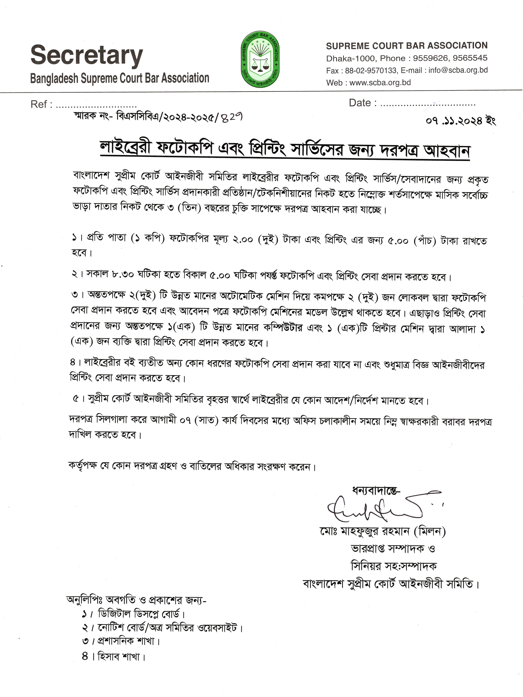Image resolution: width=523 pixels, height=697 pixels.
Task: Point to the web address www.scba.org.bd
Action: pos(380,82)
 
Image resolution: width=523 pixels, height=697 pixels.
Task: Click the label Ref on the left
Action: pos(39,104)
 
